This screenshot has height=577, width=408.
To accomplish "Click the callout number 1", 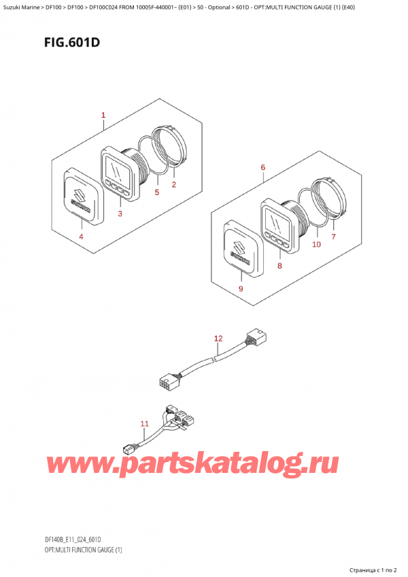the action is pos(103,115).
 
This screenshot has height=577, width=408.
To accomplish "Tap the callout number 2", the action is pos(173,184).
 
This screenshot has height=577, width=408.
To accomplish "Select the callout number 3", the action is pos(120,214).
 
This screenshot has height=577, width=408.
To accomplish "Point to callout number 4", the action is pos(81,236).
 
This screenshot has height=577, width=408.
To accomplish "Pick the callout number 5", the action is pos(156,192).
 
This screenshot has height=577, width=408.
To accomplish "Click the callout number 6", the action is pos(262,167).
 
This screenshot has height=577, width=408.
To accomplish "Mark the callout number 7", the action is pos(333,237).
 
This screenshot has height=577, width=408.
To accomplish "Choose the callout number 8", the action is pos(279,265).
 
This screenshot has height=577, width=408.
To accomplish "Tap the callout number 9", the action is pos(241,288).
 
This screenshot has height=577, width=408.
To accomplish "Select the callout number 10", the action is pos(316,244).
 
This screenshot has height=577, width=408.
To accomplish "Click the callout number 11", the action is pos(145,424).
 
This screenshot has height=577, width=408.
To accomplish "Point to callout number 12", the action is pos(218,338).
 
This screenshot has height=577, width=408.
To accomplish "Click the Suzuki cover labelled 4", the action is pos(84,195).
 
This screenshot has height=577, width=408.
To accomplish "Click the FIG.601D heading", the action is pos(72,43).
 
